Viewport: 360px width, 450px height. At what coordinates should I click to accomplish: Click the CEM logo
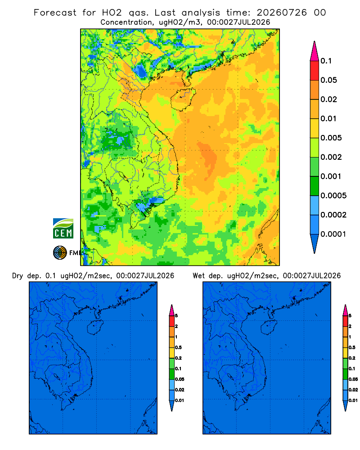pyautogui.click(x=63, y=229)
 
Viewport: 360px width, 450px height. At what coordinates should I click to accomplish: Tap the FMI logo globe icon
pyautogui.click(x=60, y=253)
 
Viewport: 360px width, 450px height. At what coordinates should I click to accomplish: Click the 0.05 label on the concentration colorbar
pyautogui.click(x=328, y=80)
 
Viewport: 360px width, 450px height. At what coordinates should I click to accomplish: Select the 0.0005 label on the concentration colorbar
pyautogui.click(x=333, y=196)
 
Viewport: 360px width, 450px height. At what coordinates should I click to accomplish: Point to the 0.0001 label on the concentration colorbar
pyautogui.click(x=333, y=234)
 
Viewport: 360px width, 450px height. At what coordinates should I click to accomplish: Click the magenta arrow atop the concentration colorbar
pyautogui.click(x=315, y=51)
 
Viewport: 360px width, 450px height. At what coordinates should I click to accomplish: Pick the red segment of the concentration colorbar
pyautogui.click(x=315, y=71)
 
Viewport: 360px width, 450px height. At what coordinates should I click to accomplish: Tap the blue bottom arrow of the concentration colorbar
pyautogui.click(x=315, y=243)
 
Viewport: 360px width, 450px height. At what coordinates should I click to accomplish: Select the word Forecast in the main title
pyautogui.click(x=55, y=13)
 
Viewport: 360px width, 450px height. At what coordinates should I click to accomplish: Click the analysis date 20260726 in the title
pyautogui.click(x=282, y=13)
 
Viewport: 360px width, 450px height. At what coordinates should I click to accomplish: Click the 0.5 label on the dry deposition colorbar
pyautogui.click(x=178, y=347)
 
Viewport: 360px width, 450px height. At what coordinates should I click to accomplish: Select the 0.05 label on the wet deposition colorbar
pyautogui.click(x=353, y=379)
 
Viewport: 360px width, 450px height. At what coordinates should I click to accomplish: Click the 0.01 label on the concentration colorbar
pyautogui.click(x=328, y=118)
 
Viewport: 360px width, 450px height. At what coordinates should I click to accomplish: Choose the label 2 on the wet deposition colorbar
pyautogui.click(x=350, y=326)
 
